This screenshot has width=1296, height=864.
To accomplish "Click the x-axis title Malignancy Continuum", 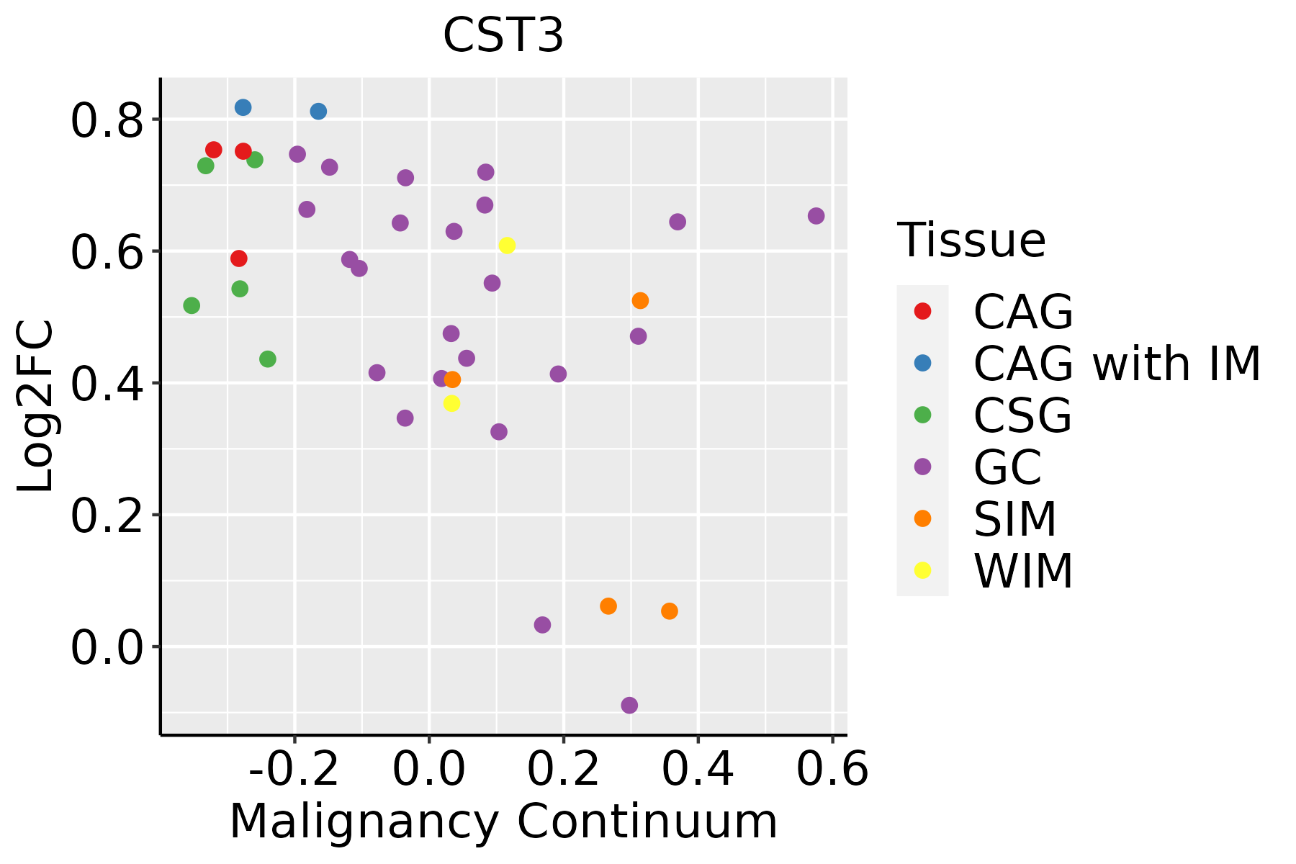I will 503,822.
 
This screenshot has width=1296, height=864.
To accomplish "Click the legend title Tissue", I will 971,240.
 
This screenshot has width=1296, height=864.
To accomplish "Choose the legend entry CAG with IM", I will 1117,364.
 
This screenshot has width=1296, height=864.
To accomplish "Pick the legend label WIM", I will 1023,572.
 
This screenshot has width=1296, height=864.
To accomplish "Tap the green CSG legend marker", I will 922,415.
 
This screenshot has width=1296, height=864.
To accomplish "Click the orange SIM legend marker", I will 922,518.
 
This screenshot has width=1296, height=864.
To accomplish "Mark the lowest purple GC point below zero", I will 629,705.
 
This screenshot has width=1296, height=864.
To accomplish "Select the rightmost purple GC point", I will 816,216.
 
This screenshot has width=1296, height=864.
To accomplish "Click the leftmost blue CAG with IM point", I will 243,107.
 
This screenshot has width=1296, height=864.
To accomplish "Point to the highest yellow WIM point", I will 507,246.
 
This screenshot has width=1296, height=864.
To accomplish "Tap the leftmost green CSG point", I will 192,305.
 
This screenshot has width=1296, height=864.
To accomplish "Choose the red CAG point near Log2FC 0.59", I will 239,258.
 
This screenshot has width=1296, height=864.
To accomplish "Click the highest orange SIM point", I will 640,300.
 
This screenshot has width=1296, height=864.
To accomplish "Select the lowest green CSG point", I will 268,359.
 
